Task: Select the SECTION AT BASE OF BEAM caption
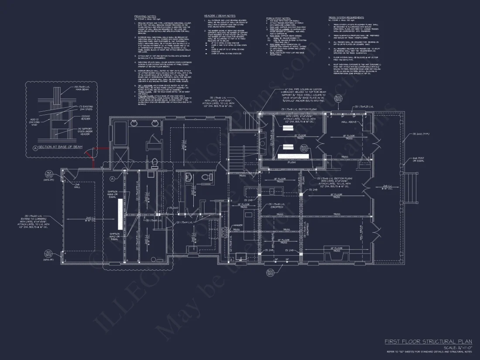point(60,147)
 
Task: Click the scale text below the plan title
point(456,347)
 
